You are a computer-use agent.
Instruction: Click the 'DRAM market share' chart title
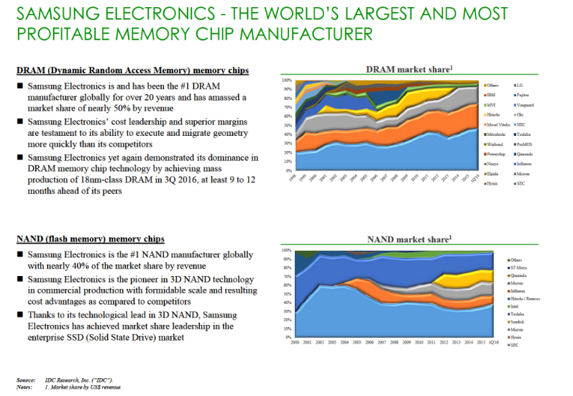pos(409,70)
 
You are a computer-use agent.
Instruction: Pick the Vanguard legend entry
pos(525,105)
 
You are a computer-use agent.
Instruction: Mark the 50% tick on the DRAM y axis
pos(287,126)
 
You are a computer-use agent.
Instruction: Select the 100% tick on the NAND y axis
pos(286,250)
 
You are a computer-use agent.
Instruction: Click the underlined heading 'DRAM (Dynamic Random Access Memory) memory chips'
pos(133,70)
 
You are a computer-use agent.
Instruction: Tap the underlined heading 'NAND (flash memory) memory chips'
pos(90,239)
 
